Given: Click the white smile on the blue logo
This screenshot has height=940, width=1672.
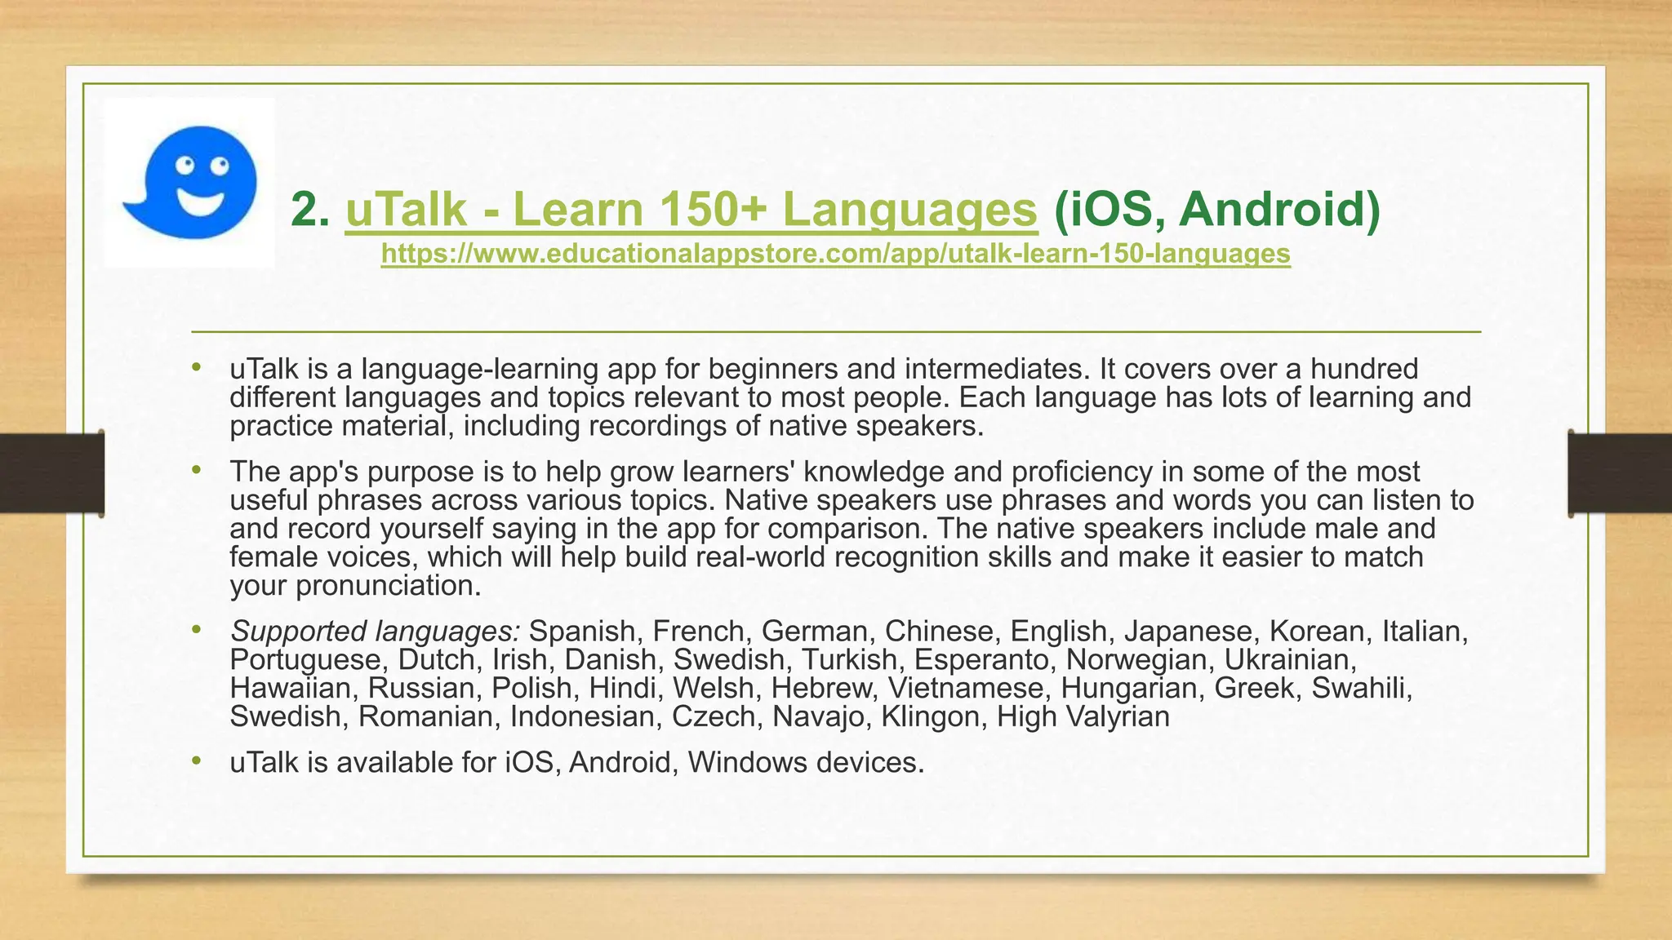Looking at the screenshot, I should pyautogui.click(x=201, y=202).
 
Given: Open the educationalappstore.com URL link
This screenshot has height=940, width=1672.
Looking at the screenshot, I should pyautogui.click(x=835, y=254).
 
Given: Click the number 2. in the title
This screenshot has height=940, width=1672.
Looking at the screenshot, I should pyautogui.click(x=310, y=210).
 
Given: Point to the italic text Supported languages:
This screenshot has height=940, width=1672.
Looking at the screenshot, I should pyautogui.click(x=375, y=631).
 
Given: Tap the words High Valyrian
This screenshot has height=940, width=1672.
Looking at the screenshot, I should pyautogui.click(x=1083, y=716).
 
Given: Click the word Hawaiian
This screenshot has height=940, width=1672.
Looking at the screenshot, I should pyautogui.click(x=290, y=688).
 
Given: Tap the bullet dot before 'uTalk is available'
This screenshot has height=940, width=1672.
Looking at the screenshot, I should pyautogui.click(x=195, y=760).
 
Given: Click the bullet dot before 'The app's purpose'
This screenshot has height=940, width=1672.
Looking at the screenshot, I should pyautogui.click(x=195, y=470).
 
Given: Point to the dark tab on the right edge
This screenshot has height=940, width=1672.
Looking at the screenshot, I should pyautogui.click(x=1620, y=473).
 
